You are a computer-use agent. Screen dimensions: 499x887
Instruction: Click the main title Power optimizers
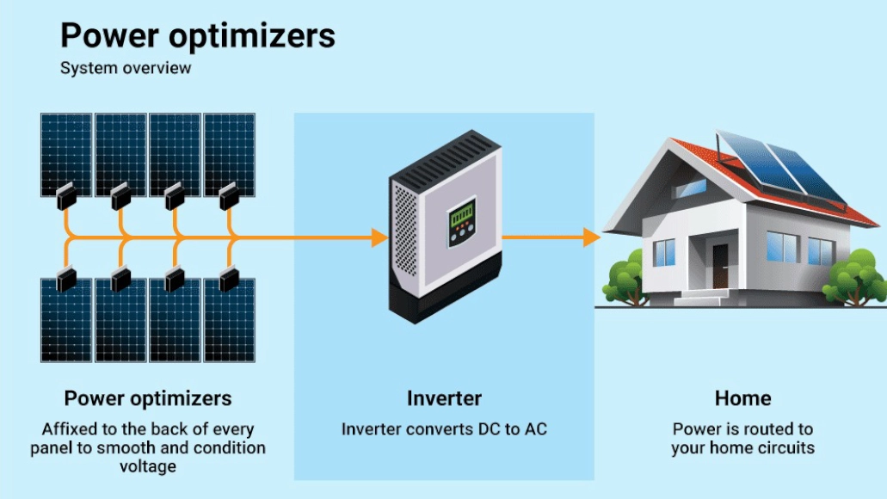tap(197, 36)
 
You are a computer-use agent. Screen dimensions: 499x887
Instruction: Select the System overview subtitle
tap(126, 68)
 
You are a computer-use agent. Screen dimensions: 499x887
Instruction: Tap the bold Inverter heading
tap(444, 398)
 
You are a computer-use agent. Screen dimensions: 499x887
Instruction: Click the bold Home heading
tap(742, 398)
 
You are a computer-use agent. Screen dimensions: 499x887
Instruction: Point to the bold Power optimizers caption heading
tap(148, 398)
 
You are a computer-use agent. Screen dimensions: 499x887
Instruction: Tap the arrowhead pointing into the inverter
tap(379, 237)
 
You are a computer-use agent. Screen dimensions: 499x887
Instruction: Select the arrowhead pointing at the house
tap(591, 237)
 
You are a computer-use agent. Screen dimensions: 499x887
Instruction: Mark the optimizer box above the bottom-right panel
tap(230, 278)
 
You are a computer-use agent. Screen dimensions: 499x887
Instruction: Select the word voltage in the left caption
tap(148, 466)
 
